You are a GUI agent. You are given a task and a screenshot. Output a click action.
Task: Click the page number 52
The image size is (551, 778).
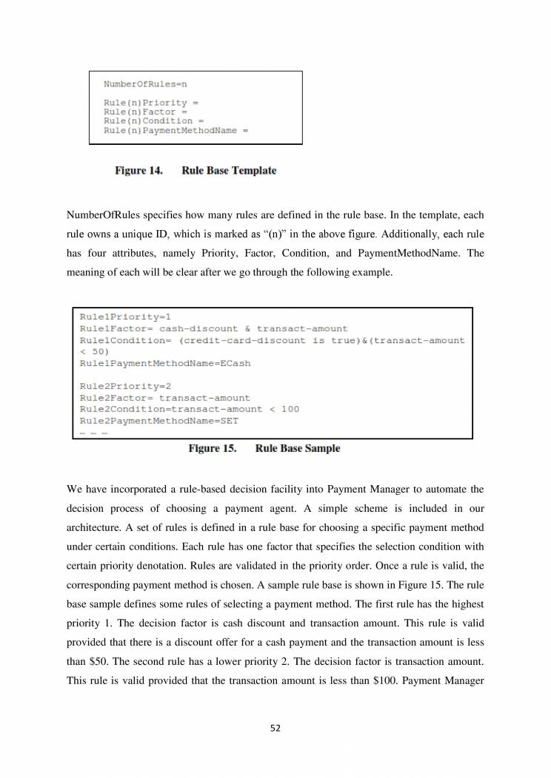(275, 728)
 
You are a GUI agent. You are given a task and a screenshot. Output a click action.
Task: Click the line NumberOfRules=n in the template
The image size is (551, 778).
(146, 84)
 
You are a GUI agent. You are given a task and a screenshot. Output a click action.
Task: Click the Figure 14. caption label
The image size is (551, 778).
(139, 171)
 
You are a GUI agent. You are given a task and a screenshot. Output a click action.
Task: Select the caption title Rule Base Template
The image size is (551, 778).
(229, 171)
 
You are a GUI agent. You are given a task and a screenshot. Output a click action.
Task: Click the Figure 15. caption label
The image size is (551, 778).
(213, 448)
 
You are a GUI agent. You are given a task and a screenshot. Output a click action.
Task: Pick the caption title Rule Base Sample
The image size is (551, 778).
(298, 448)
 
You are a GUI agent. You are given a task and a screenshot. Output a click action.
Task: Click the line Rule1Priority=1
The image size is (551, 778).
(126, 317)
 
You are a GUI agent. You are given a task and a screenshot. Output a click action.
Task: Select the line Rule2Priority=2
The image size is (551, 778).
(126, 386)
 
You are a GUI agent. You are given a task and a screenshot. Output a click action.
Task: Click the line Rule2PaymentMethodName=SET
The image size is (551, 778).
(158, 420)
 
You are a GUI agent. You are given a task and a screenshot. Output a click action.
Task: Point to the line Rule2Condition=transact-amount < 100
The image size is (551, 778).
(190, 409)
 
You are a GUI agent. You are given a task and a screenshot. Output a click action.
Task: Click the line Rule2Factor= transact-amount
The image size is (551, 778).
(165, 398)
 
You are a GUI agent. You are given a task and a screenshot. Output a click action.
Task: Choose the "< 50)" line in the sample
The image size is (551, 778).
(94, 352)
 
